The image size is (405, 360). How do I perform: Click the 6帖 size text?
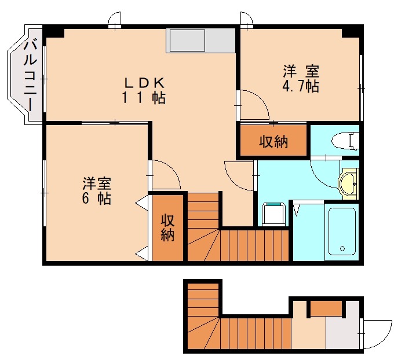(96, 199)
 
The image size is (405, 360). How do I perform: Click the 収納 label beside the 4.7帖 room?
(273, 141)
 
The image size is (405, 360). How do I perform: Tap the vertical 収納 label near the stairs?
(167, 227)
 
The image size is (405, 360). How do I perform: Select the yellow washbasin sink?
(349, 184)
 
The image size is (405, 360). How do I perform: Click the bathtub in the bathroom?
(342, 230)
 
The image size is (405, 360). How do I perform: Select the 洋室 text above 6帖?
(96, 184)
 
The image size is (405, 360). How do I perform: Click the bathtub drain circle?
(342, 249)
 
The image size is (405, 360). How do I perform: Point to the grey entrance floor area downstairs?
(342, 333)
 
